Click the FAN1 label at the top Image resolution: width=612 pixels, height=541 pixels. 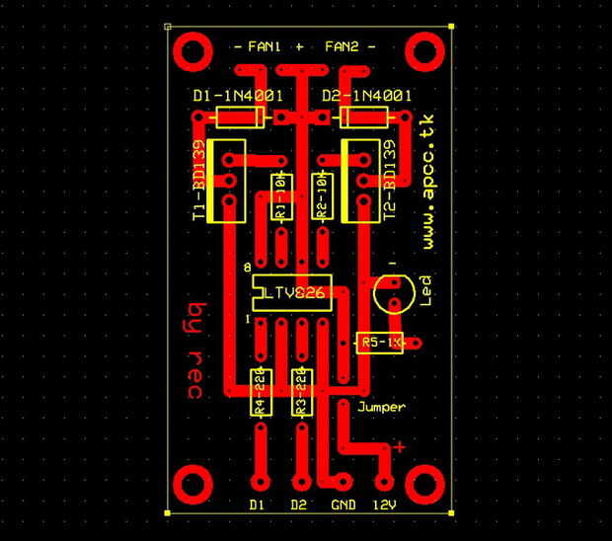pyautogui.click(x=265, y=46)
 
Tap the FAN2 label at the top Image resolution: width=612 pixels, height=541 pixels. pyautogui.click(x=342, y=46)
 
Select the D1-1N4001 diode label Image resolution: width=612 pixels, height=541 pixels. pyautogui.click(x=238, y=96)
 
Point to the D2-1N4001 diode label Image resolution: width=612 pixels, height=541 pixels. pyautogui.click(x=367, y=96)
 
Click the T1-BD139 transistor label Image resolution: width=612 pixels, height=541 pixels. pyautogui.click(x=199, y=182)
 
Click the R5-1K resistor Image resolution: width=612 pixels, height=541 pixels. pyautogui.click(x=380, y=343)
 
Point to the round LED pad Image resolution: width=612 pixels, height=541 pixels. pyautogui.click(x=392, y=291)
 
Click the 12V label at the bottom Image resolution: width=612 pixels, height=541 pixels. pyautogui.click(x=384, y=505)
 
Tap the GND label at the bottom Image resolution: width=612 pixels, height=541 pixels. pyautogui.click(x=343, y=505)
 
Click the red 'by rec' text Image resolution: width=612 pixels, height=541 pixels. pyautogui.click(x=193, y=350)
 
